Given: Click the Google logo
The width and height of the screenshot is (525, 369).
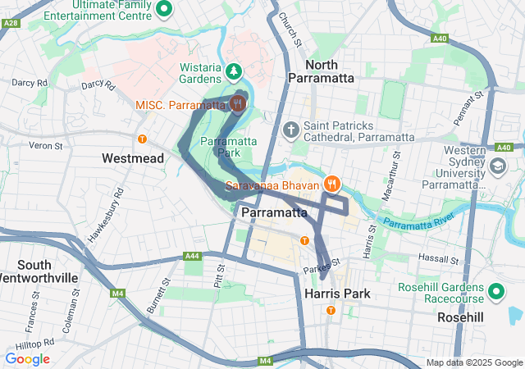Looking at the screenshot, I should point(27,359).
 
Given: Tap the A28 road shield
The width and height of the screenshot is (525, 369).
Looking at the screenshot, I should point(11,24).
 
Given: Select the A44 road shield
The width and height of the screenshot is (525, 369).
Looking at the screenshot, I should point(193,257).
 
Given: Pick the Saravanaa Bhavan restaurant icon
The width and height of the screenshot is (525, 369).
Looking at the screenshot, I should point(332,183).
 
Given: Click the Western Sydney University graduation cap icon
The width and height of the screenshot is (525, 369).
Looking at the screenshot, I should point(497,166).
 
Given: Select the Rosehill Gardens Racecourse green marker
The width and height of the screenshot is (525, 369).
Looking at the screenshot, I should point(496,291).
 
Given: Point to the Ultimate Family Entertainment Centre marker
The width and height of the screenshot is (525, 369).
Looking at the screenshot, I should point(163,8).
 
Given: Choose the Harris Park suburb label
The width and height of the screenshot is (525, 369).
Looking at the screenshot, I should point(336,293).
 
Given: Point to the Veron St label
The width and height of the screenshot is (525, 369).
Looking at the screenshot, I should point(46,145).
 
